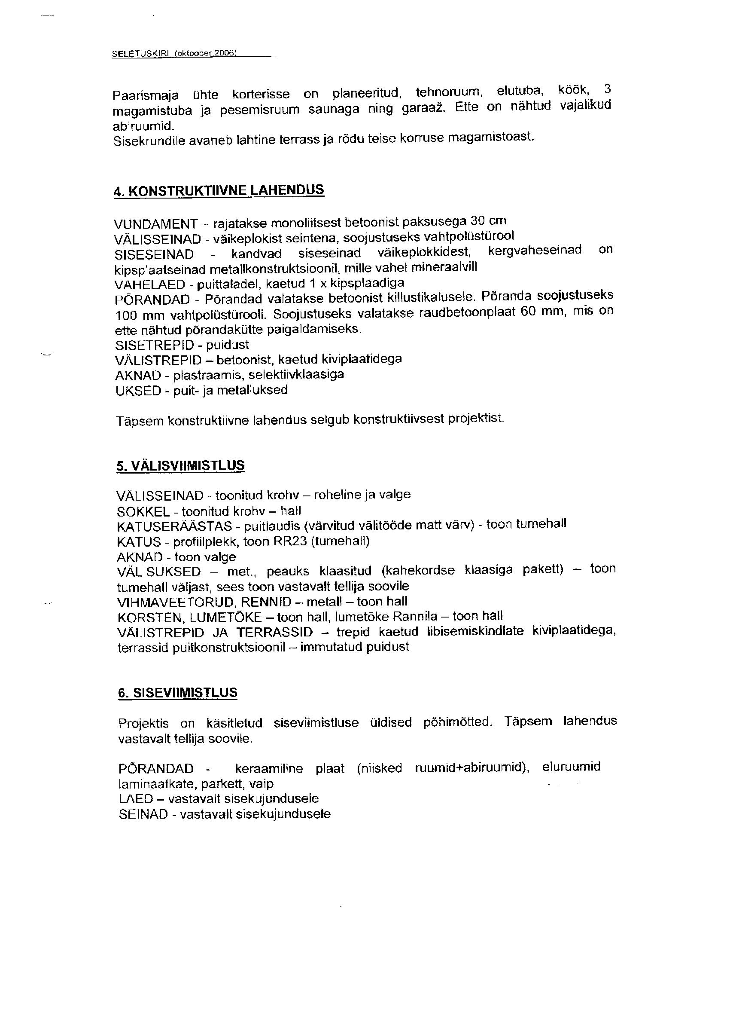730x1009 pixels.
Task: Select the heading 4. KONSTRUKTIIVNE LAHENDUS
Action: (219, 191)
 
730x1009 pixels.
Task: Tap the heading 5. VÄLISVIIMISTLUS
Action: (180, 466)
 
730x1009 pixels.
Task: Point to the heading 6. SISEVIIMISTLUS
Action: (177, 693)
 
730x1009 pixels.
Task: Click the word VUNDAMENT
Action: (155, 224)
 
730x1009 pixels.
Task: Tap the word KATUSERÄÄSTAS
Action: (174, 527)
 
